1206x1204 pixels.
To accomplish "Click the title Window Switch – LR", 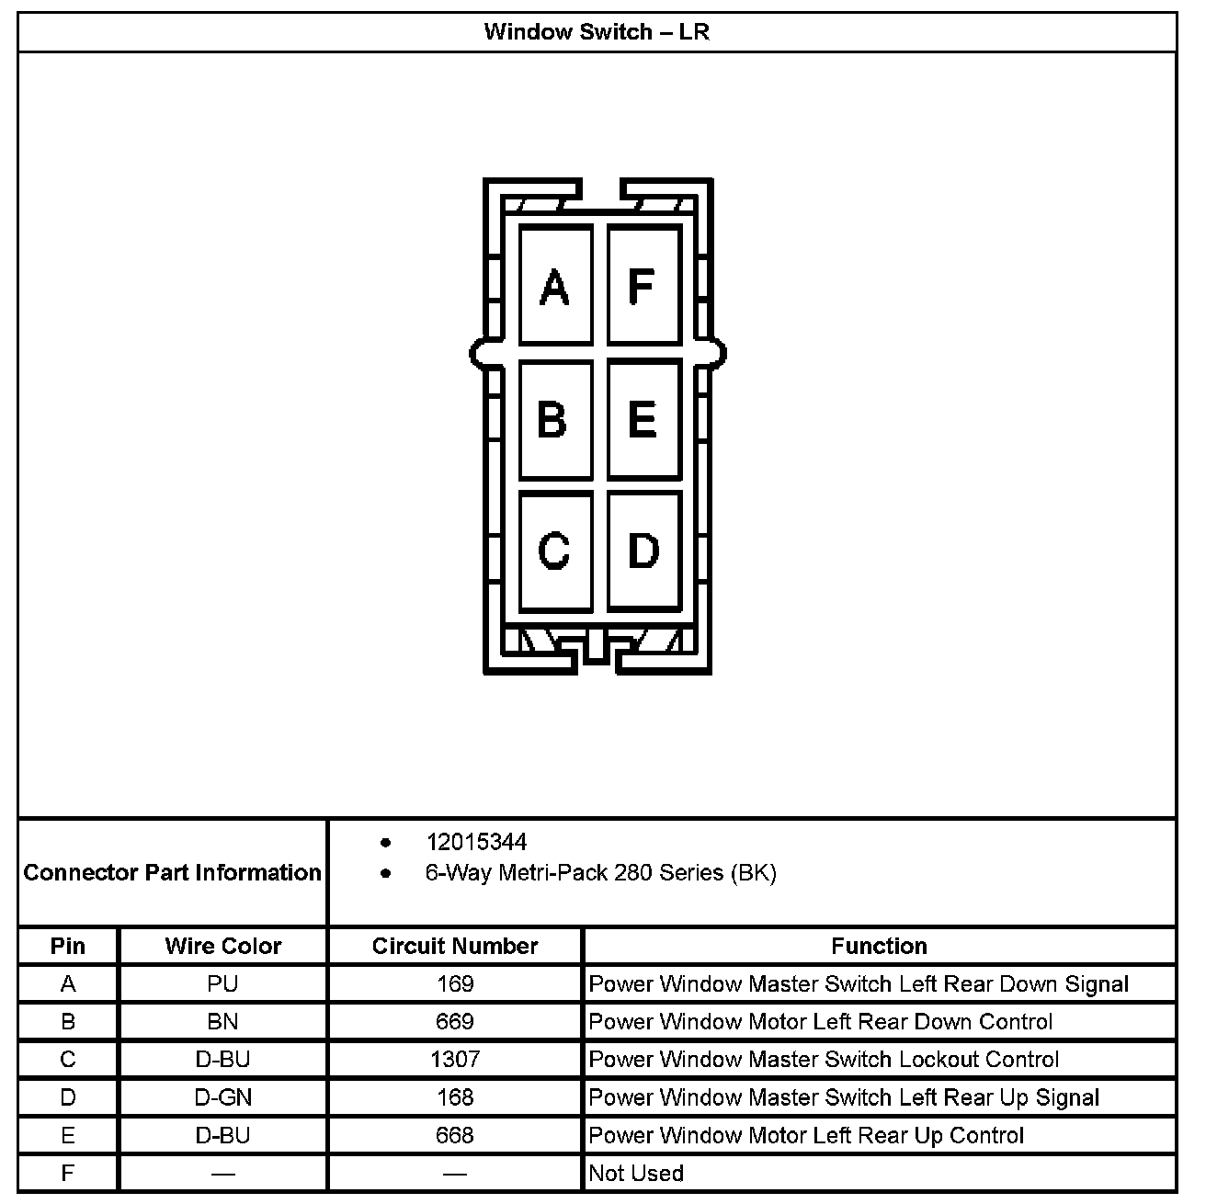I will (x=597, y=32).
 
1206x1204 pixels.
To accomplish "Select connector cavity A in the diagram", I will (x=554, y=286).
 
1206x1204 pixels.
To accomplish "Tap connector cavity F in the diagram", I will (x=643, y=286).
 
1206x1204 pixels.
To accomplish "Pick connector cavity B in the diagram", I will (x=554, y=419).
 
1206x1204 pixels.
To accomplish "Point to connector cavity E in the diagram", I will (x=643, y=419).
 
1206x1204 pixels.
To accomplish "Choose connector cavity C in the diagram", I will (x=554, y=551).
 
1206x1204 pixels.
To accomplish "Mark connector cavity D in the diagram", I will (x=643, y=551).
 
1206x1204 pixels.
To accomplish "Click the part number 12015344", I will (x=476, y=842).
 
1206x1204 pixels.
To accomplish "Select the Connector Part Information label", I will (x=173, y=872).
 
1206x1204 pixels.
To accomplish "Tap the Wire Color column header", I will (x=223, y=946).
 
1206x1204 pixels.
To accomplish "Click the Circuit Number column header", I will (x=455, y=946).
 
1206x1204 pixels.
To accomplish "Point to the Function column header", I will (x=879, y=946).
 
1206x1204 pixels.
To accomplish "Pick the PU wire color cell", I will (x=223, y=984).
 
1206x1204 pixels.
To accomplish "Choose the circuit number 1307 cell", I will (x=455, y=1060).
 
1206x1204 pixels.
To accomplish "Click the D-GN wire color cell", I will (x=223, y=1097).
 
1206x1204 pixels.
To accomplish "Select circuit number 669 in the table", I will (x=455, y=1022).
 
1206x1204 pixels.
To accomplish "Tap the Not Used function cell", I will (x=636, y=1173).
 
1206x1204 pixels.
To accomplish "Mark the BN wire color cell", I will (x=223, y=1022).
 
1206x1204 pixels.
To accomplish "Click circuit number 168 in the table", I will (x=455, y=1097).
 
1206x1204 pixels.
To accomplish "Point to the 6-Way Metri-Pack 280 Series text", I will (x=600, y=872).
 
